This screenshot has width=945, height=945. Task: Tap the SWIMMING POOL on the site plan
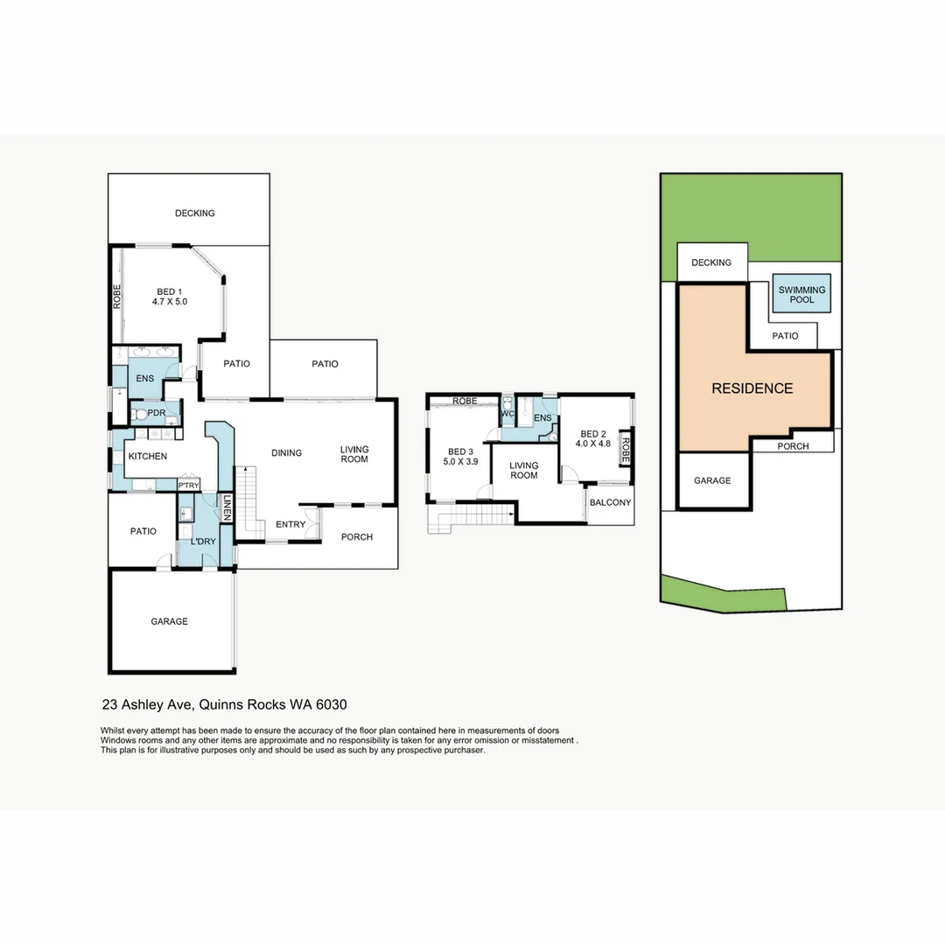[x=801, y=294]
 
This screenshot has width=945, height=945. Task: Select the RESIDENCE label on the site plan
[x=752, y=388]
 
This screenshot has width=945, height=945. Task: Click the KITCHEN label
[x=147, y=456]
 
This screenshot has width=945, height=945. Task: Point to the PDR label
[x=157, y=413]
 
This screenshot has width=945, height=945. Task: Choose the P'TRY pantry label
[x=188, y=486]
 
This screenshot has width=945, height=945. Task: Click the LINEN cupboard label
[x=226, y=508]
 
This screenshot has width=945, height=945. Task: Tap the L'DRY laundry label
[x=202, y=542]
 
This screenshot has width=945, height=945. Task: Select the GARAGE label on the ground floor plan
[x=169, y=621]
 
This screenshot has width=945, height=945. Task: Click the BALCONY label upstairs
[x=610, y=503]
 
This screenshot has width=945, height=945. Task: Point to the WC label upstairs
[x=507, y=414]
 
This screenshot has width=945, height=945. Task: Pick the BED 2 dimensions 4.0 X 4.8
[x=592, y=444]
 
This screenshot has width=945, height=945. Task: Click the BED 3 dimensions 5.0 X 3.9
[x=460, y=461]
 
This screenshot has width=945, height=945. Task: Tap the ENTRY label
[x=290, y=524]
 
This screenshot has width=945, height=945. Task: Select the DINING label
[x=286, y=452]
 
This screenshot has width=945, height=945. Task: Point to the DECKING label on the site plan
[x=710, y=262]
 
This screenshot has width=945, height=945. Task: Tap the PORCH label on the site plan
[x=793, y=446]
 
